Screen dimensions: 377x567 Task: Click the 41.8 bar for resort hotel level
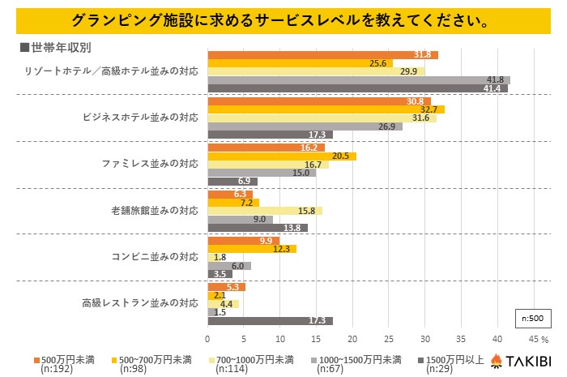pyautogui.click(x=359, y=79)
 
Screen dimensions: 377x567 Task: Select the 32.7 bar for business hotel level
pyautogui.click(x=326, y=109)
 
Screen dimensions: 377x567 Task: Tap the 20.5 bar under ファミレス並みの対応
pyautogui.click(x=282, y=156)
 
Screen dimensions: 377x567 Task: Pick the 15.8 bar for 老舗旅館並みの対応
pyautogui.click(x=265, y=211)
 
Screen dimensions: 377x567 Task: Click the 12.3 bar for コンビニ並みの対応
pyautogui.click(x=252, y=248)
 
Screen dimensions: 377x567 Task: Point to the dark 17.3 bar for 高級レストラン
pyautogui.click(x=270, y=320)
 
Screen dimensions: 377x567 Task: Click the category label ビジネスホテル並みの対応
pyautogui.click(x=140, y=118)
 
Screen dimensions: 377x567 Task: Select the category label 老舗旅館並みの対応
pyautogui.click(x=154, y=211)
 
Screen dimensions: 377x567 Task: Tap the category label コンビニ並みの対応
pyautogui.click(x=154, y=257)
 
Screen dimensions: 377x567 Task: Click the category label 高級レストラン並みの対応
pyautogui.click(x=140, y=303)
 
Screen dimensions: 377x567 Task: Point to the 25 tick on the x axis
pyautogui.click(x=389, y=339)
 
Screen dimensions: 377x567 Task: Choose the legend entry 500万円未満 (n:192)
pyautogui.click(x=68, y=362)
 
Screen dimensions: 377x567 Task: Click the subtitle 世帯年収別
pyautogui.click(x=49, y=45)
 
